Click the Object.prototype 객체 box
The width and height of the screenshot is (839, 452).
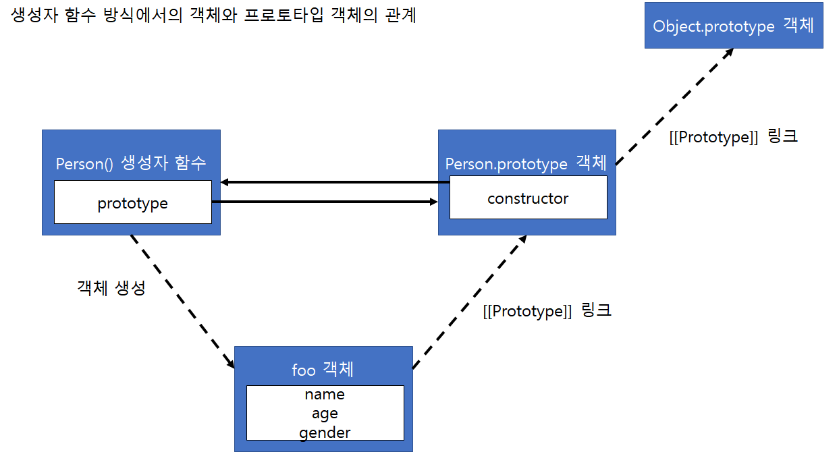coord(734,25)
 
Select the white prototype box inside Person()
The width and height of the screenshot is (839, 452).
coord(133,202)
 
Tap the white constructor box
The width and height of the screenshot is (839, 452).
coord(528,198)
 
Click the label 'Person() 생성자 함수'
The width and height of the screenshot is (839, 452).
coord(131,163)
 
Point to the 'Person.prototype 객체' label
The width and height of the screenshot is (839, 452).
coord(526,163)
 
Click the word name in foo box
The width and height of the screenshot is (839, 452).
coord(325,395)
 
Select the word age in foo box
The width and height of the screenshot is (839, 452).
coord(325,414)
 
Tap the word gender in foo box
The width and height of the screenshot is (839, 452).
coord(325,432)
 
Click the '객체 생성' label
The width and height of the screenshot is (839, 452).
coord(111,287)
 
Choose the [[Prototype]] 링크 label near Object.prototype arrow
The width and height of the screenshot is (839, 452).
coord(732,136)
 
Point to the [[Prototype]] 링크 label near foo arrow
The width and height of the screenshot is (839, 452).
coord(547,311)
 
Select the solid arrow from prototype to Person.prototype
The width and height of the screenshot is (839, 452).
coord(324,202)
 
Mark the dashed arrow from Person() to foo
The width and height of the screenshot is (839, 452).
coord(182,302)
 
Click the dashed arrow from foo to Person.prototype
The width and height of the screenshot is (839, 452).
coord(469,302)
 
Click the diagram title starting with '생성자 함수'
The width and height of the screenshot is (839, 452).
coord(213,16)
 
